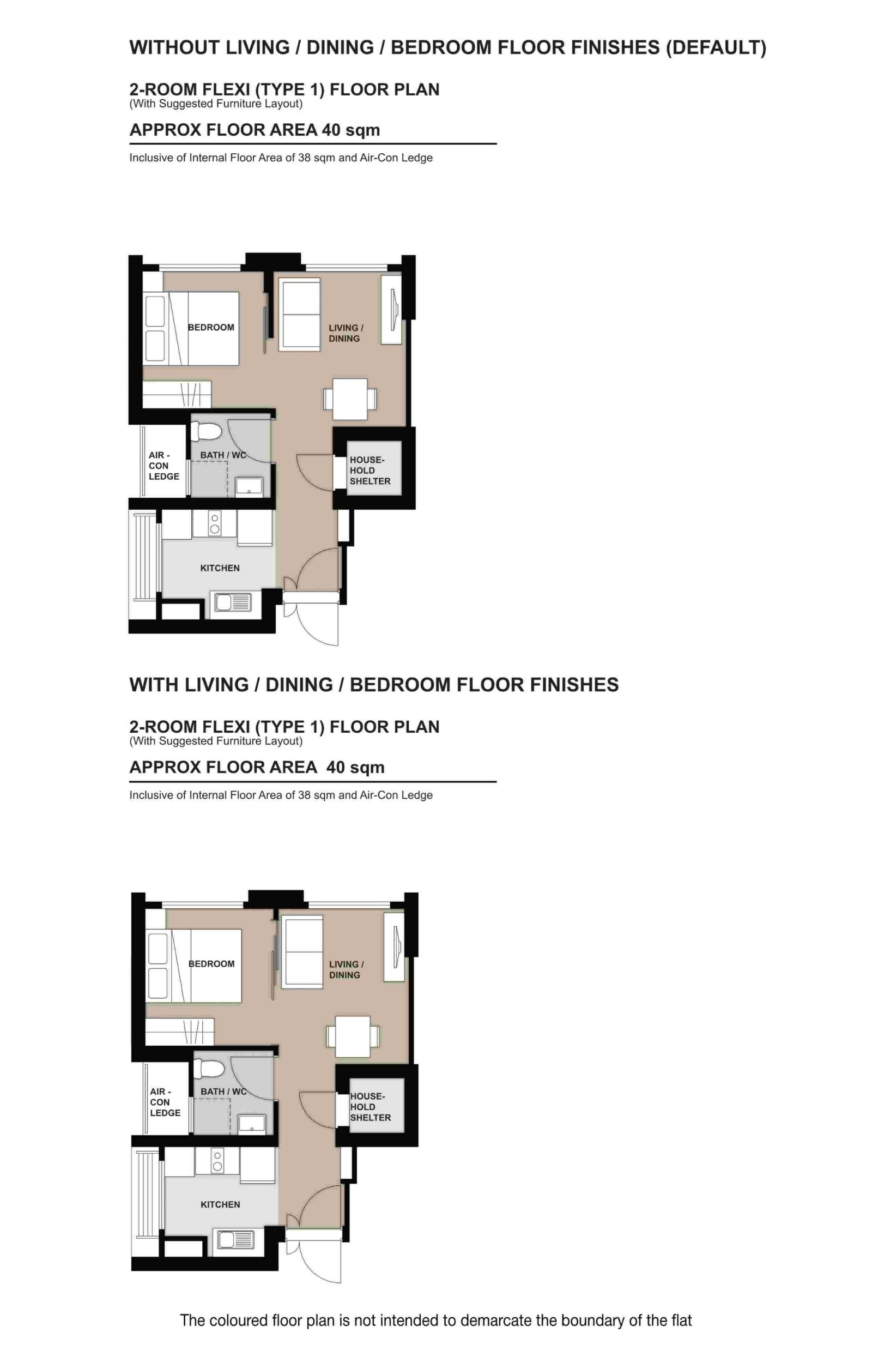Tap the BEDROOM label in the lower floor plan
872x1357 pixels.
(x=211, y=963)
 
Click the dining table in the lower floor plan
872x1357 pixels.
(x=352, y=1036)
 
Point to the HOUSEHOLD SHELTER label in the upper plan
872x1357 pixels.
(x=369, y=470)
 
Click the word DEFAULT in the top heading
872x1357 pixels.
(x=716, y=47)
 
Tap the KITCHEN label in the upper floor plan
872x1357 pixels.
(x=220, y=568)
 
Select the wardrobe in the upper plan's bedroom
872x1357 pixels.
(x=176, y=394)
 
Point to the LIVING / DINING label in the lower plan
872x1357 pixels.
(x=346, y=969)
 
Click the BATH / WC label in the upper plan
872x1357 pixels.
(x=222, y=455)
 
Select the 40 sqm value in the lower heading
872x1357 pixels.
(x=355, y=767)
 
